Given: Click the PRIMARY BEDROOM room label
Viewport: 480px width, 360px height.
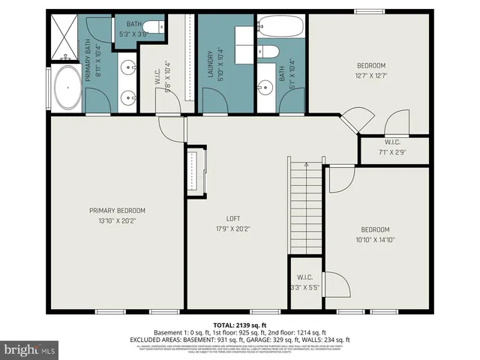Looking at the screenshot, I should tap(116, 211).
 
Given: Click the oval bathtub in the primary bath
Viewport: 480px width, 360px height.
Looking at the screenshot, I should tap(67, 88).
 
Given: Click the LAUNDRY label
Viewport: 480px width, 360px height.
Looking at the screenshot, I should tap(210, 64).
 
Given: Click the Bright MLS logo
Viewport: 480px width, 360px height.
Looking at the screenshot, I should tap(30, 349).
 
